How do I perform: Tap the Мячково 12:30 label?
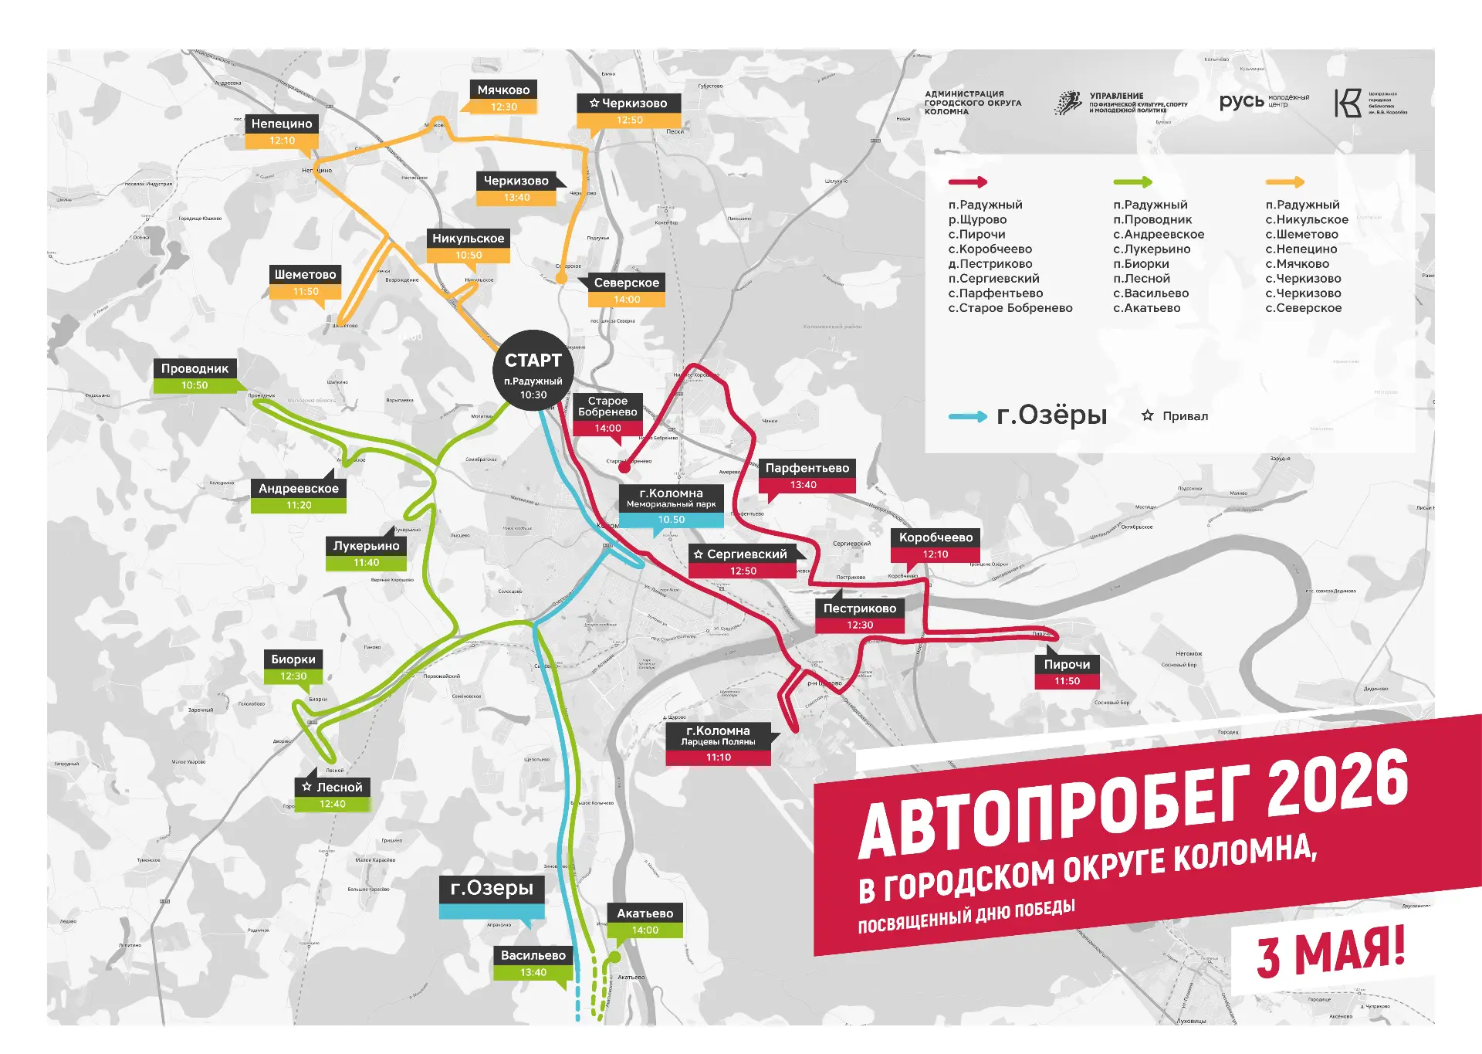tap(503, 98)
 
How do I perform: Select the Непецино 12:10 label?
tap(282, 131)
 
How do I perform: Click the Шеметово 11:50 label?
tap(306, 283)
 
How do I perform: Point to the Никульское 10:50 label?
tap(468, 246)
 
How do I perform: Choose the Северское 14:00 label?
tap(626, 290)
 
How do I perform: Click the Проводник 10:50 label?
tap(195, 376)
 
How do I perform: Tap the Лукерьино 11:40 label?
tap(366, 554)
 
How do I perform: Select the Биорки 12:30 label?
tap(293, 667)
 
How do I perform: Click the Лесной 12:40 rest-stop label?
tap(333, 795)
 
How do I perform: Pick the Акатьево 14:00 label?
tap(645, 921)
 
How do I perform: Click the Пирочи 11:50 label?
tap(1067, 672)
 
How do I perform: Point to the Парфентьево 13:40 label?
tap(807, 476)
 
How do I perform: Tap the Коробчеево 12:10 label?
tap(936, 545)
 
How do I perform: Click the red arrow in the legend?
tap(968, 182)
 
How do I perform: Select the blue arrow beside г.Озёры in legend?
tap(967, 416)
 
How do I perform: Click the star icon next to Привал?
tap(1147, 415)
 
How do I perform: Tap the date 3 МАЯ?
tap(1330, 954)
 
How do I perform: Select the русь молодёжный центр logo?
tap(1263, 102)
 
